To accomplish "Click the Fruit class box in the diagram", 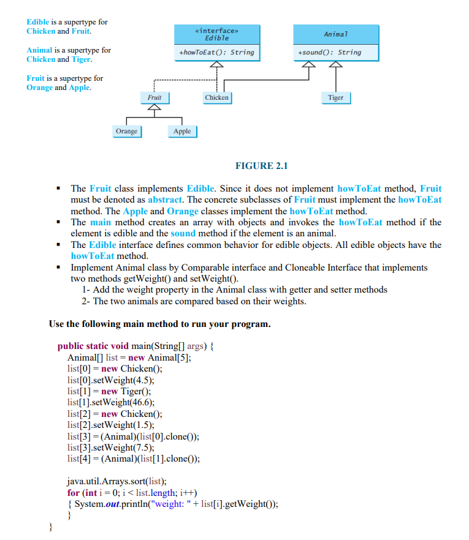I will pos(154,97).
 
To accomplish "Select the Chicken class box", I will pos(216,97).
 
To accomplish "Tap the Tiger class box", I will pos(335,97).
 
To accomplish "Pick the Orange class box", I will pos(126,131).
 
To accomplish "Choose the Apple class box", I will pos(182,131).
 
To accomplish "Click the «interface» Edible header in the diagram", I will pos(216,34).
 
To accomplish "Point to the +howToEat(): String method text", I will pos(216,53).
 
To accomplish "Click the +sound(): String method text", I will pos(330,53).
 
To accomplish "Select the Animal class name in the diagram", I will pos(335,34).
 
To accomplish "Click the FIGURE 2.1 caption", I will pos(262,166).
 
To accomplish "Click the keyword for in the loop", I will pos(73,493).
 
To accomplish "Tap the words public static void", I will pos(93,347).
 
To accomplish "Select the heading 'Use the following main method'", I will pos(159,324).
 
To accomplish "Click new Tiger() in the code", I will pos(125,391).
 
